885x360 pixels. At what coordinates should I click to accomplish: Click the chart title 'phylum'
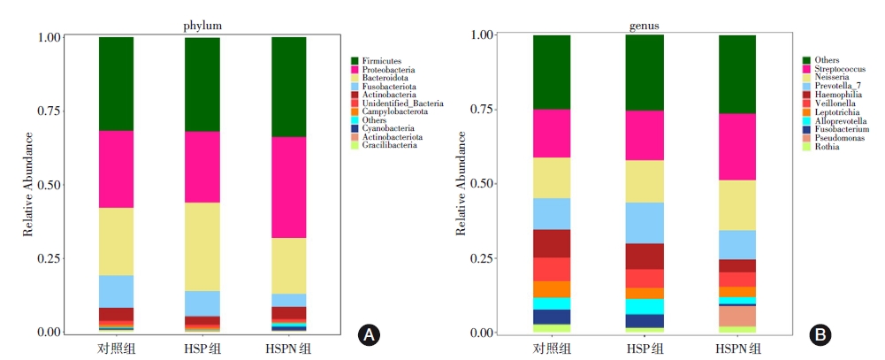tap(202, 27)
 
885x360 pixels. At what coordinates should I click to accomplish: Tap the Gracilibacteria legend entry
tap(389, 145)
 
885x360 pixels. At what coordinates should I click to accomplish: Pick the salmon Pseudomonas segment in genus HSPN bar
tap(737, 316)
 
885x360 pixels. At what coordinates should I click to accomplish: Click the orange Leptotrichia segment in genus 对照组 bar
tap(551, 289)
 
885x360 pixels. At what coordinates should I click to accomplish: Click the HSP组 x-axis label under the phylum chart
tap(202, 348)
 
